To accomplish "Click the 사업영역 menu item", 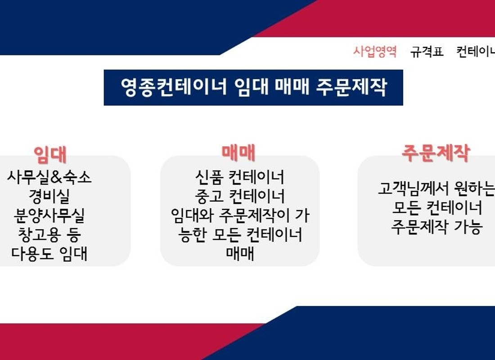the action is [x=375, y=51].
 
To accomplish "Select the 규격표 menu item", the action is [x=427, y=51].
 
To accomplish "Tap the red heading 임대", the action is [x=50, y=155].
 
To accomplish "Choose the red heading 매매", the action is [x=238, y=152].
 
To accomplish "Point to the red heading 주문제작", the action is [x=436, y=153].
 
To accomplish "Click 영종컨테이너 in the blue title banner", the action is [x=174, y=87].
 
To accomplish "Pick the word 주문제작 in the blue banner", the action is [x=351, y=87].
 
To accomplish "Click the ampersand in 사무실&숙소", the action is [x=56, y=177].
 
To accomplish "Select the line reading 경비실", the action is [x=49, y=196].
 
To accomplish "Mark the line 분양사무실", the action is [x=49, y=216].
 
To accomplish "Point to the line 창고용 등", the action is [x=49, y=234].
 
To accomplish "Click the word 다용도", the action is [x=32, y=254].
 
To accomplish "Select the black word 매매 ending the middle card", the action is [x=240, y=254].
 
